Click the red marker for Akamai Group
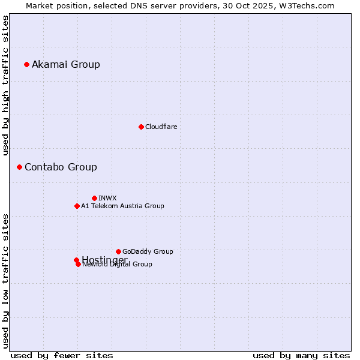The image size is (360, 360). pos(26,64)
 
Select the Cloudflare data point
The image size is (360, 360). pos(141,127)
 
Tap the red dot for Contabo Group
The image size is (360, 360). pos(19,167)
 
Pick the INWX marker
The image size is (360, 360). pos(94,198)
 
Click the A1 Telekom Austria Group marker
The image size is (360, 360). pos(77,206)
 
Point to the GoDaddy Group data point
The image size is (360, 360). pos(118,251)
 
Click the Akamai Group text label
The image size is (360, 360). pos(66,64)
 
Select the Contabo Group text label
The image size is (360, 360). pos(61,167)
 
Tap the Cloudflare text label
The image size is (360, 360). pos(161,127)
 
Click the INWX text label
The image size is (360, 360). pos(108,198)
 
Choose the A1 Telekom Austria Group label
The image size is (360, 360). pos(122,206)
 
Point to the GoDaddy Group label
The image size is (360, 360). pos(148,251)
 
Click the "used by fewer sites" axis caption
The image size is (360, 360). pos(62,355)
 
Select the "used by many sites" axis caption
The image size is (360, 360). pos(301,355)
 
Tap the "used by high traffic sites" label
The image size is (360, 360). pos(6,85)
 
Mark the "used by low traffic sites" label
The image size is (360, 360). pos(6,280)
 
